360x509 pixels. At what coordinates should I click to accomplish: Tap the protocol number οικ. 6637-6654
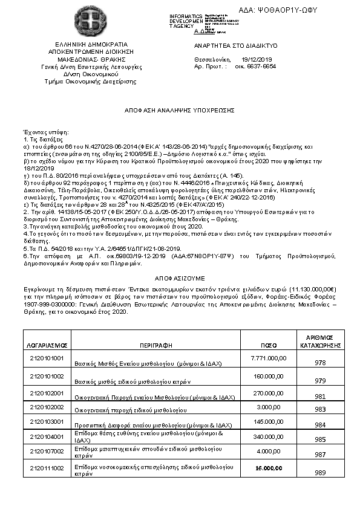pyautogui.click(x=255, y=66)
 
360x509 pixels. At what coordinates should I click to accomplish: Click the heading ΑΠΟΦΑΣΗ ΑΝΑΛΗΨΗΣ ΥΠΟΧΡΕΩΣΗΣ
pyautogui.click(x=180, y=111)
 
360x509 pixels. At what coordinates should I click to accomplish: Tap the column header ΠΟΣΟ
pyautogui.click(x=269, y=345)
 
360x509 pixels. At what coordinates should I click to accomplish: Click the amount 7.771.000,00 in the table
pyautogui.click(x=268, y=358)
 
